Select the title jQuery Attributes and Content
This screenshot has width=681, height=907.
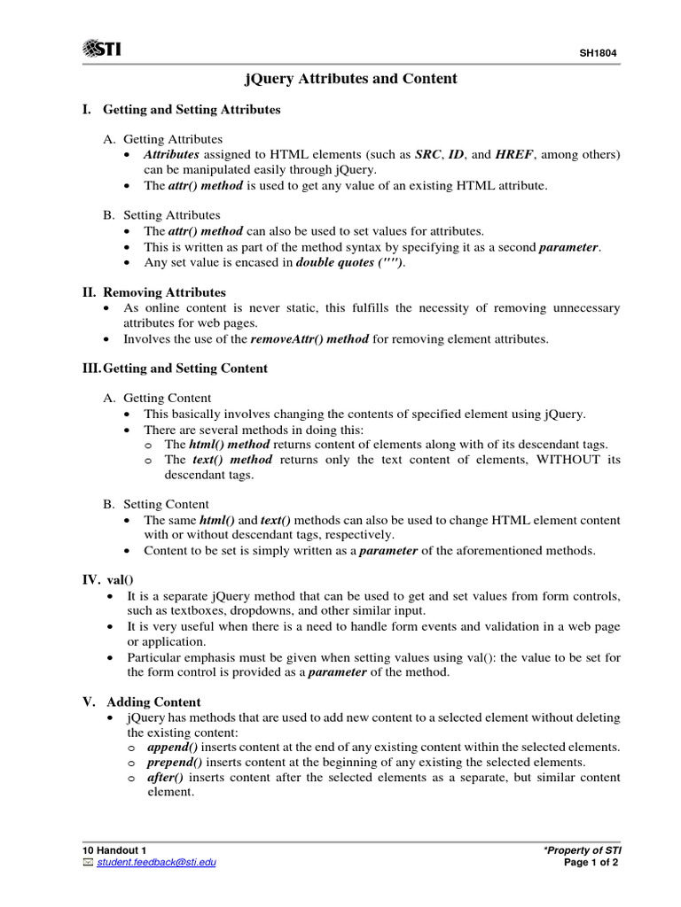click(x=350, y=79)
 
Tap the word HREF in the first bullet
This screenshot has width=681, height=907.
click(x=514, y=154)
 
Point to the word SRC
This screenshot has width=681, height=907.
click(x=427, y=154)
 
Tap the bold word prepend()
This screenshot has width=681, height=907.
click(x=176, y=762)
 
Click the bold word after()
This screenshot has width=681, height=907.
click(x=164, y=777)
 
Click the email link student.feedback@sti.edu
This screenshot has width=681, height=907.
click(x=156, y=863)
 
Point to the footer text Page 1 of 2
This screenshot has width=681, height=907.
click(x=591, y=863)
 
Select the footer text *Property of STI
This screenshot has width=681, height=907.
click(x=582, y=850)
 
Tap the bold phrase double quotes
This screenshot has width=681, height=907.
click(x=349, y=263)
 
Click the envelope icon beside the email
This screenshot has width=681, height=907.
click(x=87, y=863)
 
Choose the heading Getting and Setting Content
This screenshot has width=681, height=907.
click(x=186, y=368)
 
